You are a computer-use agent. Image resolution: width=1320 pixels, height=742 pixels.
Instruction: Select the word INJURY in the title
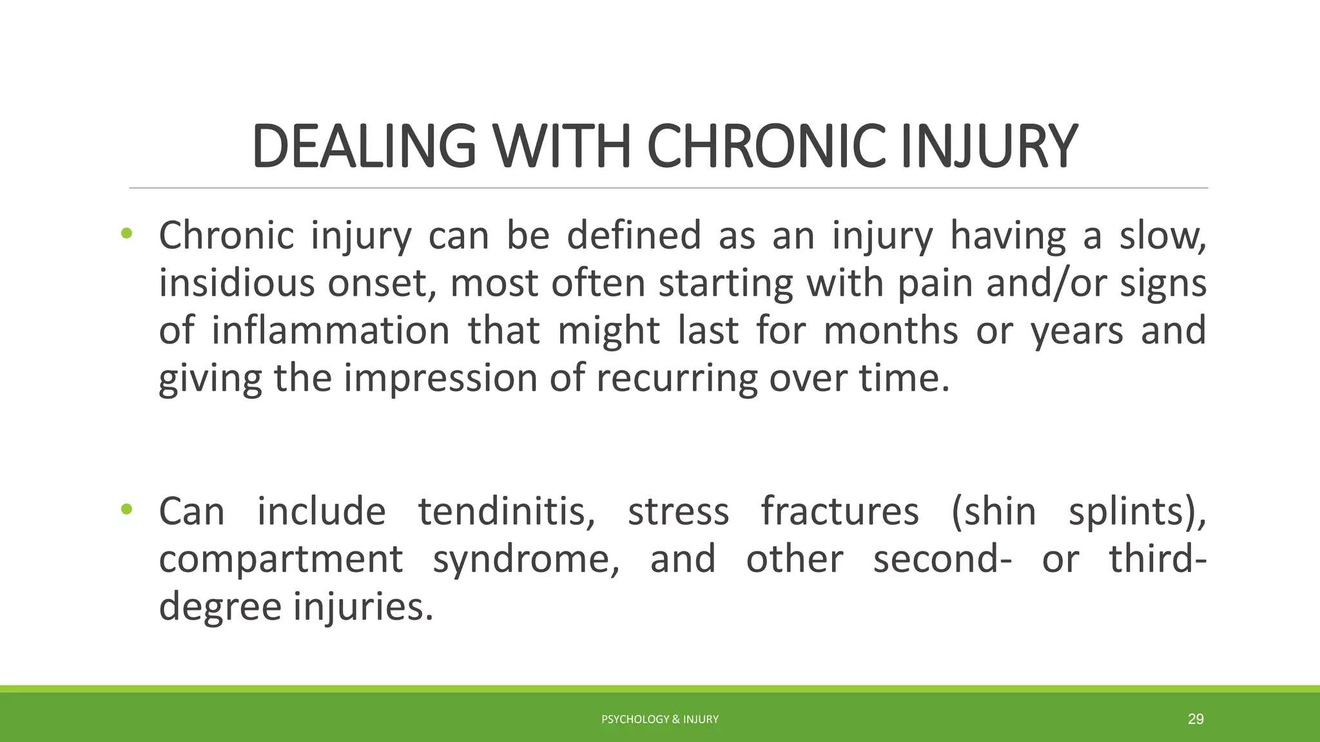(989, 147)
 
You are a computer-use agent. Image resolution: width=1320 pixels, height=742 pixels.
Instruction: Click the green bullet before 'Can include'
(126, 509)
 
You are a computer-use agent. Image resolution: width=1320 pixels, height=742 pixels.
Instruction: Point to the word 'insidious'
(237, 283)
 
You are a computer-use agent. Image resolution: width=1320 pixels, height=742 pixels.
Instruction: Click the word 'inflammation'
(330, 330)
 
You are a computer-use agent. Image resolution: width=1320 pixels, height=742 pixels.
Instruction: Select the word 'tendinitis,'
(507, 512)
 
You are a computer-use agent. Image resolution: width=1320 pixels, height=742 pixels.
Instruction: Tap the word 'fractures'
(840, 512)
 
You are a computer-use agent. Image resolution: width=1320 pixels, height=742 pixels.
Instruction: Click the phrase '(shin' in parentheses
(993, 512)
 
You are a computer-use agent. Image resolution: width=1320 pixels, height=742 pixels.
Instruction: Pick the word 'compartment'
(280, 559)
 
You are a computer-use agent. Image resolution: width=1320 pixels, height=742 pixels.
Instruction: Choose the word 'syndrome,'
(526, 560)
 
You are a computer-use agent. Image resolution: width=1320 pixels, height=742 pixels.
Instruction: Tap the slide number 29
(1196, 719)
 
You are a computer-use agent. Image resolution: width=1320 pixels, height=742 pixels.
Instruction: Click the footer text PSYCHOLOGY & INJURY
(659, 719)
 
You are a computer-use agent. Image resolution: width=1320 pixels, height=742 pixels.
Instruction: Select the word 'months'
(891, 330)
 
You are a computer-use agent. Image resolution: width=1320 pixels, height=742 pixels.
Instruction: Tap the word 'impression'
(440, 379)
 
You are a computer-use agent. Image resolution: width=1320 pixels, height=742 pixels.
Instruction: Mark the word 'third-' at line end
(1158, 559)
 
